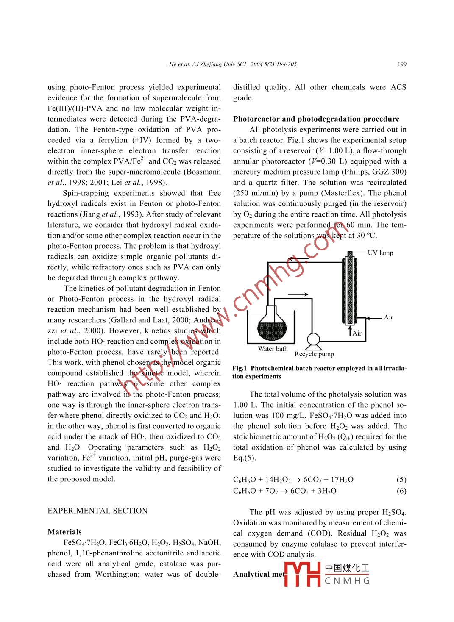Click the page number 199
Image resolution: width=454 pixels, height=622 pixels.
pos(402,64)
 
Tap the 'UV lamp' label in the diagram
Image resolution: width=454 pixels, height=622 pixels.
pos(380,253)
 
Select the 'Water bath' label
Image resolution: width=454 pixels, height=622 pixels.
pos(273,349)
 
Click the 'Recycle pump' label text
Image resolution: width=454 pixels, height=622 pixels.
pos(314,354)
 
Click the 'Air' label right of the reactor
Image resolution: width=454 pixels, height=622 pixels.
pos(388,317)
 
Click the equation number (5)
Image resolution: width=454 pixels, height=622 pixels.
pos(401,480)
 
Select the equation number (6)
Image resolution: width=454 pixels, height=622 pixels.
pos(401,491)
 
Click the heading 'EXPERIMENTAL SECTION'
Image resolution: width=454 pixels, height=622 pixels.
pos(97,511)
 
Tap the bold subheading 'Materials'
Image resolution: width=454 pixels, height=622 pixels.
pos(64,532)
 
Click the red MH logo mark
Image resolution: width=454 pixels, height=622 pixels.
pos(302,575)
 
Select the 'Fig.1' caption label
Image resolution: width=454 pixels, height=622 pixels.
pos(240,369)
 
